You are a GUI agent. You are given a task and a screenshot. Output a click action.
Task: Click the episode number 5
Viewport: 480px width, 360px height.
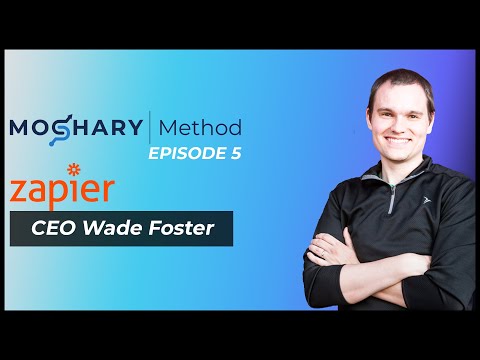(235, 154)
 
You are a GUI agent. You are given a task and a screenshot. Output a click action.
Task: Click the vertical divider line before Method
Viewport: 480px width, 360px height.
(151, 128)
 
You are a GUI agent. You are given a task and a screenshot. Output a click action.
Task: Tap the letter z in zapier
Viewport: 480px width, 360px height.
(19, 191)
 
